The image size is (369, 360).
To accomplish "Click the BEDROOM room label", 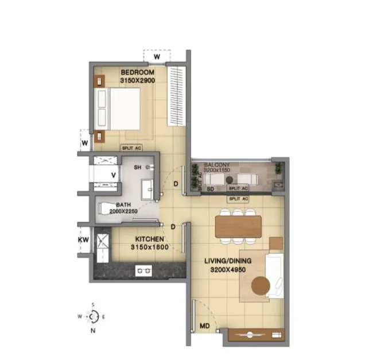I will (138, 72).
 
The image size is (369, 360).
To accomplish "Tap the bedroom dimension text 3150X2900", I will (138, 81).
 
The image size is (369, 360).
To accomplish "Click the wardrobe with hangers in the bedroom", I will (176, 96).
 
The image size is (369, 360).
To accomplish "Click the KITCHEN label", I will (150, 239).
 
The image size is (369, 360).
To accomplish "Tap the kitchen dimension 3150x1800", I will (150, 248).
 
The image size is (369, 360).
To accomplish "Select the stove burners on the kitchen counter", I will (143, 270).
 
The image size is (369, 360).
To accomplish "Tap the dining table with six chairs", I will (237, 224).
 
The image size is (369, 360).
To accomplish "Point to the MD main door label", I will (204, 327).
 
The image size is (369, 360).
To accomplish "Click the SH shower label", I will (138, 167).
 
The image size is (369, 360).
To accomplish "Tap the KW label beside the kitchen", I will (83, 238).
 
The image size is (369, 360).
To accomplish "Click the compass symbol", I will (93, 316).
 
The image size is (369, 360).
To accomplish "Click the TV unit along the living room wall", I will (256, 334).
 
